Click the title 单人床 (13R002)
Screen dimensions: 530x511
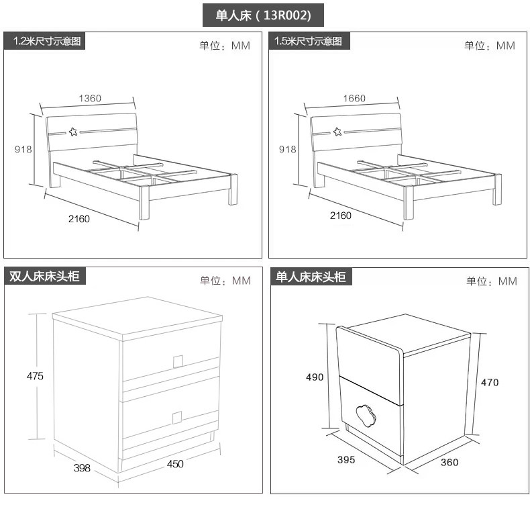(263, 15)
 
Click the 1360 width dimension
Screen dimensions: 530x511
(90, 99)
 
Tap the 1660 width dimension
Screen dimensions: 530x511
(354, 99)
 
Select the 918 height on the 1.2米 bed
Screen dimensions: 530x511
(23, 149)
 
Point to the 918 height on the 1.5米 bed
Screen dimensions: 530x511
(288, 149)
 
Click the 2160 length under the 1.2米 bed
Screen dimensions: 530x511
(79, 219)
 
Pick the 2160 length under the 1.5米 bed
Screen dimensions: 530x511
(341, 216)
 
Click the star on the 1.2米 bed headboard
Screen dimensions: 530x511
(73, 132)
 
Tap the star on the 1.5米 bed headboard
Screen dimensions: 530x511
(337, 132)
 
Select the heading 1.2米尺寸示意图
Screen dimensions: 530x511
(47, 41)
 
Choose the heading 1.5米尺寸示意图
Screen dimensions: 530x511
(308, 41)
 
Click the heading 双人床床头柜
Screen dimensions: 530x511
(44, 276)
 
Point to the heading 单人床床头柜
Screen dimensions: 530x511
(311, 277)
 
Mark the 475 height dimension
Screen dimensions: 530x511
(35, 376)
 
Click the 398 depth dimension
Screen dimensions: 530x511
(82, 468)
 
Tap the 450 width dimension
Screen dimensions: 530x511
(175, 464)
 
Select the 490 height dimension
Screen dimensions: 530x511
(315, 377)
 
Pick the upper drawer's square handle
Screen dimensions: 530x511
(178, 361)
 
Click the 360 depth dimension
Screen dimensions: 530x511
(449, 462)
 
